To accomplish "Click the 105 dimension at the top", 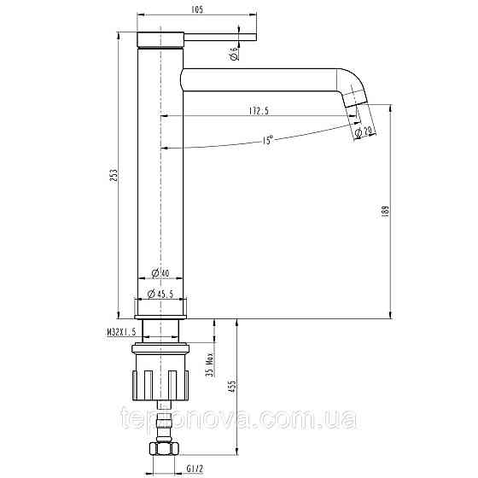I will [196, 8].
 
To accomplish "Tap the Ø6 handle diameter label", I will [234, 54].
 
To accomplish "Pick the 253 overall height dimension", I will [113, 175].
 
